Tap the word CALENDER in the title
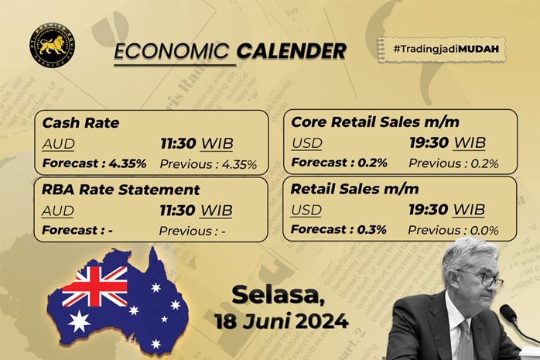click(291, 52)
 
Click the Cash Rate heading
click(75, 122)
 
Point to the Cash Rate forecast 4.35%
click(94, 163)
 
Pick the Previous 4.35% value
click(208, 163)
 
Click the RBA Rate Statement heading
click(121, 190)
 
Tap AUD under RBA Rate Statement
click(59, 211)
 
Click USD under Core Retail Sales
click(307, 143)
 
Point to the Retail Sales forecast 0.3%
click(340, 230)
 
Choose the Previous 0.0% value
click(453, 230)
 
